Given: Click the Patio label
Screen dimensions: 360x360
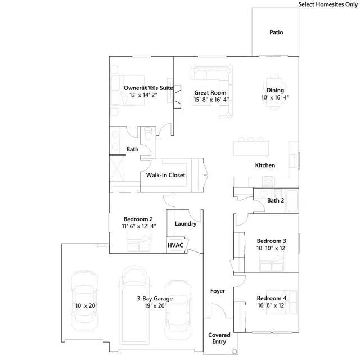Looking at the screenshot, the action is [x=276, y=33].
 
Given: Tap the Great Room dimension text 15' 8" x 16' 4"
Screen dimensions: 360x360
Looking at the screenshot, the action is [x=211, y=100].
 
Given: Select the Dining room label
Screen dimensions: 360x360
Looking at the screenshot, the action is [x=275, y=91].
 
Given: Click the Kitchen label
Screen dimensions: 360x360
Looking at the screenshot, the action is [x=265, y=165].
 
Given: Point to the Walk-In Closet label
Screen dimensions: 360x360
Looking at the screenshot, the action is [x=165, y=175].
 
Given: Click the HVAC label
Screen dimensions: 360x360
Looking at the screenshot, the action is [x=175, y=245].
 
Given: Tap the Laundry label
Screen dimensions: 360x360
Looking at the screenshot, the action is [x=186, y=224].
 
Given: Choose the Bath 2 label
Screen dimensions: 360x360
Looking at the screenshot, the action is [x=276, y=200].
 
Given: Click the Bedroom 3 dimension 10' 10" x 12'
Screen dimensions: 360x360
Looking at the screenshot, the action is [x=271, y=248].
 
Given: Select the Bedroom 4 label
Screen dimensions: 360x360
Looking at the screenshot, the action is [x=271, y=298].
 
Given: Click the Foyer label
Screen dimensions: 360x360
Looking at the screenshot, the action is [x=218, y=291].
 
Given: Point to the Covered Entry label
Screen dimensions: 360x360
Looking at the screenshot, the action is [x=219, y=338].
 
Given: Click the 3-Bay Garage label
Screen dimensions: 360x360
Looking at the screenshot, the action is [x=155, y=299].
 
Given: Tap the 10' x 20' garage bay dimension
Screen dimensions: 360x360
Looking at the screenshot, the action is [x=86, y=306].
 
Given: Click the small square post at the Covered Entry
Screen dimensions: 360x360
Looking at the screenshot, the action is [x=235, y=352].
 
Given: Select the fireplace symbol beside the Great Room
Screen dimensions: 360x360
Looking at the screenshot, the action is [x=177, y=97].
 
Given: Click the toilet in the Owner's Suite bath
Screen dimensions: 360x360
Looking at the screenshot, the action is [x=147, y=134].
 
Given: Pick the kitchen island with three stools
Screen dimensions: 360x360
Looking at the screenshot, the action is [x=251, y=147].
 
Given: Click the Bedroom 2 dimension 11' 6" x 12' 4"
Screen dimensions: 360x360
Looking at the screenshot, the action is [x=139, y=226].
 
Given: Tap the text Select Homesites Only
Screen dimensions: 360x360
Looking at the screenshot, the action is [x=328, y=4].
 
